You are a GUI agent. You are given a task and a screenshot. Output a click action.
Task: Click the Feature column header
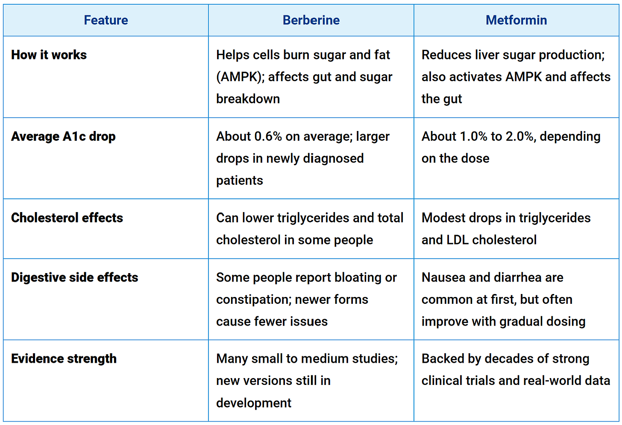(106, 20)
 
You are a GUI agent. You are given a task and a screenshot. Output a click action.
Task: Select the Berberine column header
(311, 20)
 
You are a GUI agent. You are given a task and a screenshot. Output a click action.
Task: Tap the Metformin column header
(516, 20)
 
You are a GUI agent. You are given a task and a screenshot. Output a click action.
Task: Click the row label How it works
(49, 55)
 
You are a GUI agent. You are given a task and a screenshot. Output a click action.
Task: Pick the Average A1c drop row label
(63, 137)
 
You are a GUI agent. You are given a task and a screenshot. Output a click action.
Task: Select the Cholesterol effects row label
(67, 218)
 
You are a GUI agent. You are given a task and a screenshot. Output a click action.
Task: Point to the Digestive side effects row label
(75, 277)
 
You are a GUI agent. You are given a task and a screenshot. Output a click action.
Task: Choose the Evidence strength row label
(64, 359)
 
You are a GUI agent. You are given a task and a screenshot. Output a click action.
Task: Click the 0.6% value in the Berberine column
(268, 137)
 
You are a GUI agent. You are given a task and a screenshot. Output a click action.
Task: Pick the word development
(254, 403)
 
